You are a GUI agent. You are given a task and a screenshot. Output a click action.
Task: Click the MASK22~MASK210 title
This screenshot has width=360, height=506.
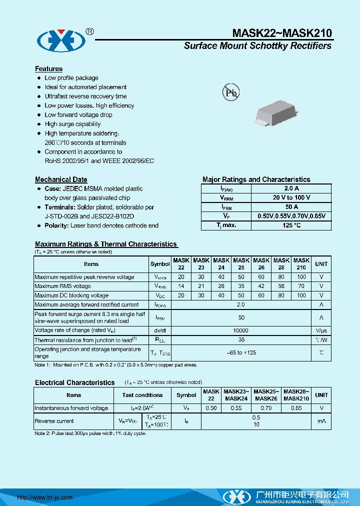click(x=281, y=33)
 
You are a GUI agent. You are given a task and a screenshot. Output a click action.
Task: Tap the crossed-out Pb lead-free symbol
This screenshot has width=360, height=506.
click(x=230, y=92)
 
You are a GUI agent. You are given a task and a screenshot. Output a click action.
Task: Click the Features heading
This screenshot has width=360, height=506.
click(x=48, y=68)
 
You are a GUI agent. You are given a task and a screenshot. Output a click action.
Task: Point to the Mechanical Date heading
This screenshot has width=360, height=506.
click(x=61, y=179)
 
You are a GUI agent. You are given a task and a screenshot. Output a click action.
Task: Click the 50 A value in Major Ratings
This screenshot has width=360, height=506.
click(x=291, y=206)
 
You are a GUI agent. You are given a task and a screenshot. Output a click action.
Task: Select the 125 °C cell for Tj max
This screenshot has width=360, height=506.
click(x=291, y=225)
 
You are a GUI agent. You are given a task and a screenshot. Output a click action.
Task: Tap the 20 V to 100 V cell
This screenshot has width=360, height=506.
click(x=291, y=197)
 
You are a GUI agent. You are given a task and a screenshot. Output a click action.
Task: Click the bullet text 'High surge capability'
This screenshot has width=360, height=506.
click(x=72, y=124)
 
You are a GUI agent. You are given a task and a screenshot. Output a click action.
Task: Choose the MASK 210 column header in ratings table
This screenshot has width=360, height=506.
click(x=301, y=263)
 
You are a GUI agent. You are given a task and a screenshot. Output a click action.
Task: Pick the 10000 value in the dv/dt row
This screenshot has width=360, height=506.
click(x=240, y=330)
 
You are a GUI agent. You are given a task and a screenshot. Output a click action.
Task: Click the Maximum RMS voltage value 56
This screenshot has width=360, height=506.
click(x=281, y=286)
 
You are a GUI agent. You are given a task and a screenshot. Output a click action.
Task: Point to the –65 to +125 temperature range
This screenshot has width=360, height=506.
click(x=240, y=353)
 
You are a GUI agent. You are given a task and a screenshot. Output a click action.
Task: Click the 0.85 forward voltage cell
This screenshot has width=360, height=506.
click(x=296, y=408)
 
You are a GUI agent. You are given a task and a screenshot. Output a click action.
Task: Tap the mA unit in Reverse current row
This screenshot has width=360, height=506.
click(x=321, y=421)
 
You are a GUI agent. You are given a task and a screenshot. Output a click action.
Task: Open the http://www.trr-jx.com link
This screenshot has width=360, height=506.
click(x=45, y=497)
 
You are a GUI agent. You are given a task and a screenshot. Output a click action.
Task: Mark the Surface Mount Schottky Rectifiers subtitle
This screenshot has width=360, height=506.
click(x=257, y=46)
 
